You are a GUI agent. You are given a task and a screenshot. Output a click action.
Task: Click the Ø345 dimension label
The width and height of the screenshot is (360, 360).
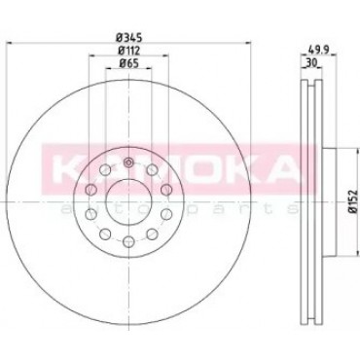pyautogui.click(x=129, y=38)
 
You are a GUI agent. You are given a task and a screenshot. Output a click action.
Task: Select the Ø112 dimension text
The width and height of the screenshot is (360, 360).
pyautogui.click(x=128, y=51)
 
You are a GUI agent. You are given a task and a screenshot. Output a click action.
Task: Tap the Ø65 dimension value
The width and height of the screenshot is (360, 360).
pyautogui.click(x=128, y=63)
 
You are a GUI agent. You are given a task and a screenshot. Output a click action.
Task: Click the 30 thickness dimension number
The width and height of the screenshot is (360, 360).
pyautogui.click(x=311, y=63)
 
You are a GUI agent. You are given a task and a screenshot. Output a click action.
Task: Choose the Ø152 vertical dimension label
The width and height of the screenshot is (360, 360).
pyautogui.click(x=353, y=201)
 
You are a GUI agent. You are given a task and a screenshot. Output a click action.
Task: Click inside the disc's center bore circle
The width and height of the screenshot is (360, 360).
pyautogui.click(x=128, y=201)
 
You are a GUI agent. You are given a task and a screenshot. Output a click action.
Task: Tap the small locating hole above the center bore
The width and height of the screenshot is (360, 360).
pyautogui.click(x=128, y=162)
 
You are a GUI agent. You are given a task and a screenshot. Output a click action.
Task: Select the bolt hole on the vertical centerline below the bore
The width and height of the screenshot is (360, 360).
pyautogui.click(x=128, y=241)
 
